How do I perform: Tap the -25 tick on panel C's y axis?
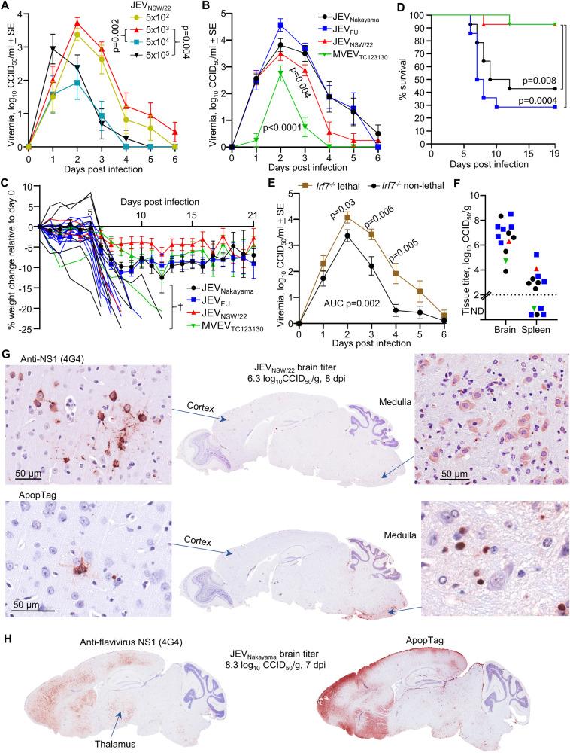[x=14, y=328]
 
